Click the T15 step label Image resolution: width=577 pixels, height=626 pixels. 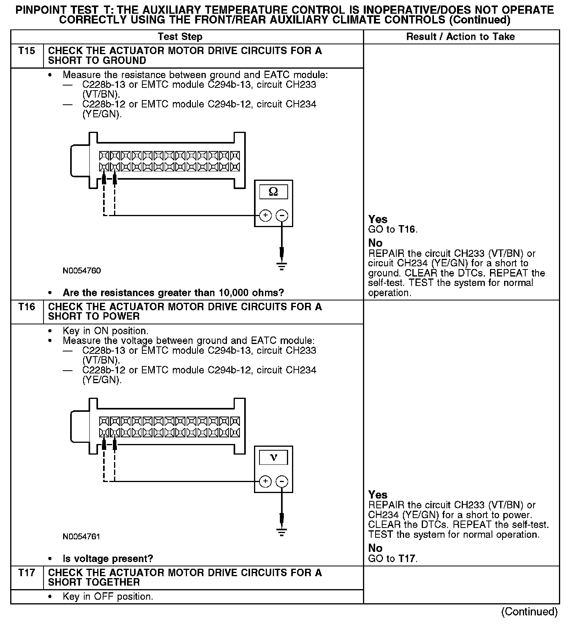[x=27, y=51]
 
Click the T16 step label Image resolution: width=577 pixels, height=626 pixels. [x=27, y=307]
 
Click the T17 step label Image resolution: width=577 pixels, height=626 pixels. [x=27, y=573]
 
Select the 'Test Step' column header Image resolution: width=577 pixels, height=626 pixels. [x=180, y=37]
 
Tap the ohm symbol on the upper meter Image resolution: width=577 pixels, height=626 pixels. [x=273, y=192]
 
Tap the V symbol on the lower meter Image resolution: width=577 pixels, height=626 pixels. [x=273, y=457]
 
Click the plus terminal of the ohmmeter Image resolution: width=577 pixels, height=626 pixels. [x=265, y=215]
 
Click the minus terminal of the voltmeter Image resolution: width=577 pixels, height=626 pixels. [x=282, y=481]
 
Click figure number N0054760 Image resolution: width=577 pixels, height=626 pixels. [x=82, y=271]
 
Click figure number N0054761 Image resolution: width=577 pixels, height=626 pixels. [x=82, y=536]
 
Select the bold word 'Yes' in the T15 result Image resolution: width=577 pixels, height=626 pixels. [x=378, y=219]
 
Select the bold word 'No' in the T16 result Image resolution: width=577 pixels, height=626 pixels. [x=375, y=548]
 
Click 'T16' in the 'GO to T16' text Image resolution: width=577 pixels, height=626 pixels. [x=407, y=229]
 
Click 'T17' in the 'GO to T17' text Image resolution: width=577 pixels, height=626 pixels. [x=407, y=559]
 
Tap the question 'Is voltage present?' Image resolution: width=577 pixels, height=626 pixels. [x=108, y=559]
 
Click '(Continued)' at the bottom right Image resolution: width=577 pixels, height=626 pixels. [x=529, y=611]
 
